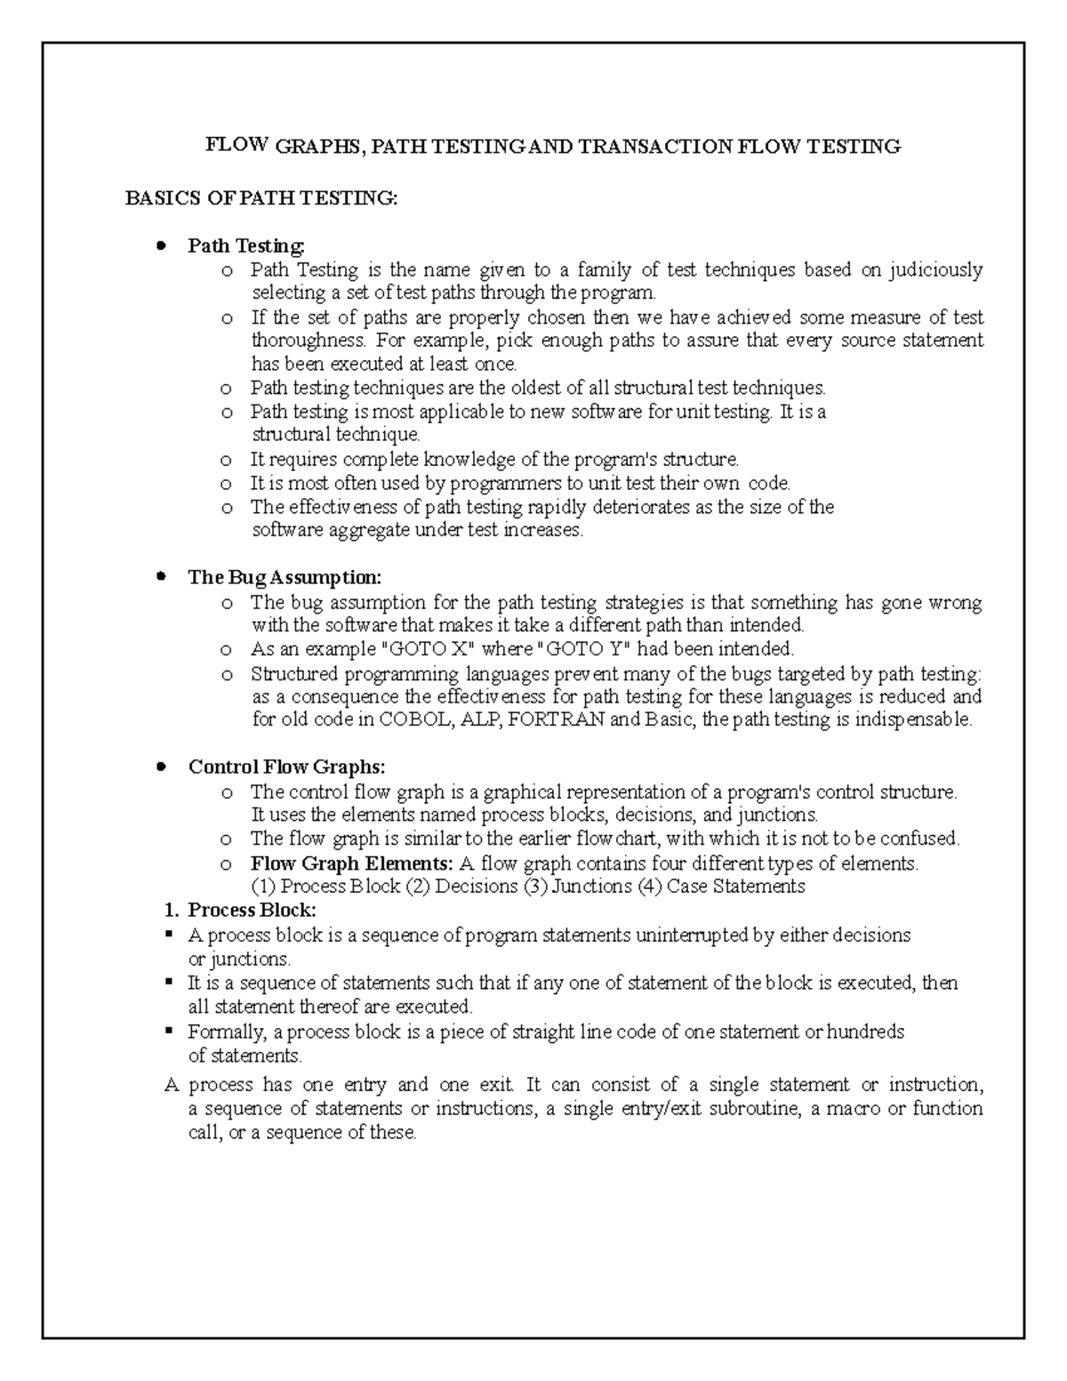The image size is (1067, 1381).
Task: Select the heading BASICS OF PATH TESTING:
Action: (261, 198)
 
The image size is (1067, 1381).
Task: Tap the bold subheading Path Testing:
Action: (246, 245)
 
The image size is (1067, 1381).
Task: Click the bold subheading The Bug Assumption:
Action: (285, 577)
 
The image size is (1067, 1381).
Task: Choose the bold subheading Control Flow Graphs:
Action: (286, 767)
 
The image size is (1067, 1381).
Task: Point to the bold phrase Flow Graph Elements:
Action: (352, 863)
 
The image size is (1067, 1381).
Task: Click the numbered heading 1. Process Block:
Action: (240, 910)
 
